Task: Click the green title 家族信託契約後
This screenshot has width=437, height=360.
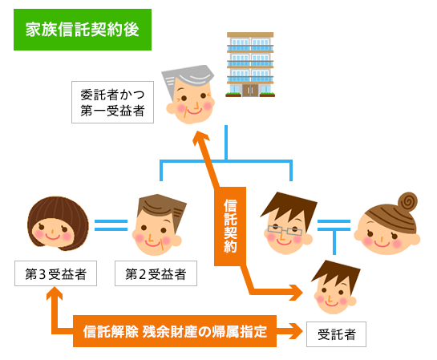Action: [83, 30]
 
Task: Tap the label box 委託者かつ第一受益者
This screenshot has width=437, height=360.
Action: [112, 103]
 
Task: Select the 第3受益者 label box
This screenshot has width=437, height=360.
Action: [56, 273]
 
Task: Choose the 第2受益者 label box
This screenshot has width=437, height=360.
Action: [156, 273]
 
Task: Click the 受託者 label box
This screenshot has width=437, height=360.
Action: [336, 334]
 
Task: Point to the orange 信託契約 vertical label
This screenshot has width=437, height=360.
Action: [230, 226]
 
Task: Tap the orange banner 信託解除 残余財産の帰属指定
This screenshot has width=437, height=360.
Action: [175, 331]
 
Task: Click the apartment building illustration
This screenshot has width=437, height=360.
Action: [250, 65]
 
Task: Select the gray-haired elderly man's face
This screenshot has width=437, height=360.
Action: [189, 95]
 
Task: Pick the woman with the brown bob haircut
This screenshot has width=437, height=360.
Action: [58, 224]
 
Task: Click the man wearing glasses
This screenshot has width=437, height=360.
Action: [288, 223]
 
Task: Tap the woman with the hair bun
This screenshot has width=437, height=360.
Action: [387, 224]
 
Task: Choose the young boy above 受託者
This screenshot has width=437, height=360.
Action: [335, 287]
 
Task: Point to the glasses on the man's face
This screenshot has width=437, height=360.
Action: [285, 230]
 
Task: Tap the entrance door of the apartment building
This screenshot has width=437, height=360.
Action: [250, 91]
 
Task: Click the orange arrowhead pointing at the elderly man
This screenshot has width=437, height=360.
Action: [201, 138]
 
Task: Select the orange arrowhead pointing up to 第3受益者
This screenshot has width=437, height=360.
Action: [55, 293]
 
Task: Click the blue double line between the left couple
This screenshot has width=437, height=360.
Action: [111, 225]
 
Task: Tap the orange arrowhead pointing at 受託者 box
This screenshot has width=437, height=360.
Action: [296, 331]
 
